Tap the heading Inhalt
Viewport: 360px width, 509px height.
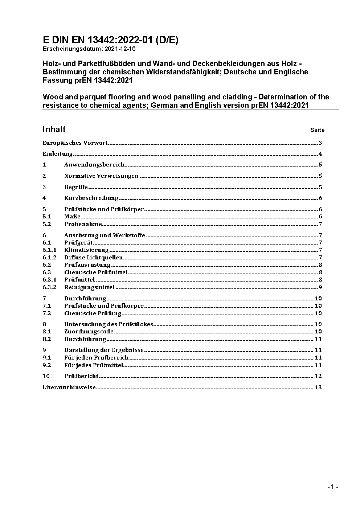click(54, 129)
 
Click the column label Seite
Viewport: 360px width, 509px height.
click(317, 130)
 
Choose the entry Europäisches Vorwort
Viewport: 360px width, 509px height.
click(75, 143)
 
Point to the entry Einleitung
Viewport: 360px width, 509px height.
click(58, 154)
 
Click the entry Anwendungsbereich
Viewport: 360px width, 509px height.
click(94, 165)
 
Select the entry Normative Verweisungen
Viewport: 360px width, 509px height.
click(101, 176)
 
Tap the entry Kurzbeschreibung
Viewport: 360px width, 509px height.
click(91, 198)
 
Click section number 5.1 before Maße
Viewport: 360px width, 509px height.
click(47, 217)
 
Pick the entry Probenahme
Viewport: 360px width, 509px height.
click(83, 224)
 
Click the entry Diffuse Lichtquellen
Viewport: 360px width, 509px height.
click(94, 258)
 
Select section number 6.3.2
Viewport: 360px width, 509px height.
click(49, 287)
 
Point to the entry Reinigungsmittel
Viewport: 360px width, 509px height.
click(89, 287)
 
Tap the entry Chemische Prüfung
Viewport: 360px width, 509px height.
click(93, 313)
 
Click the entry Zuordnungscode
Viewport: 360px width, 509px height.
click(89, 332)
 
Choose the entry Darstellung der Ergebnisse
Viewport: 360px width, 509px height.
click(104, 350)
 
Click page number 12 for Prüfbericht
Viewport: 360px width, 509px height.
click(318, 376)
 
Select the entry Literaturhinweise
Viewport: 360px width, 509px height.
click(69, 387)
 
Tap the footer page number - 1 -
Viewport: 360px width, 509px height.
click(332, 487)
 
